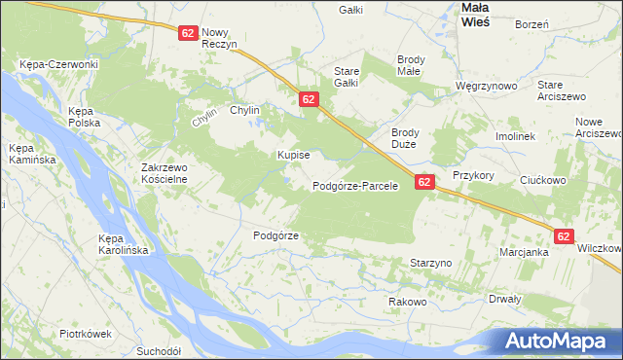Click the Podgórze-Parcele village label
tap(355, 186)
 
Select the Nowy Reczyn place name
tap(220, 38)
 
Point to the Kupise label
tap(293, 155)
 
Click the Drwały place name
tap(505, 299)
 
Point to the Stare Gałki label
tap(348, 77)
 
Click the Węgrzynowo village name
tap(486, 86)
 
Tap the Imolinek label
tap(516, 137)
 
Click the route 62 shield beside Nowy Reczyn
tap(189, 32)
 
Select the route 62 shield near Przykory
tap(424, 181)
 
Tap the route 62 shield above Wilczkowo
tap(566, 235)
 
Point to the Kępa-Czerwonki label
tap(58, 64)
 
